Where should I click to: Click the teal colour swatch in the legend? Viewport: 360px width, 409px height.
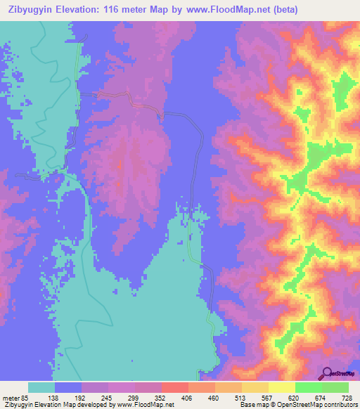point(41,387)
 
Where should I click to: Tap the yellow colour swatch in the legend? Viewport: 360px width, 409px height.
point(281,387)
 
